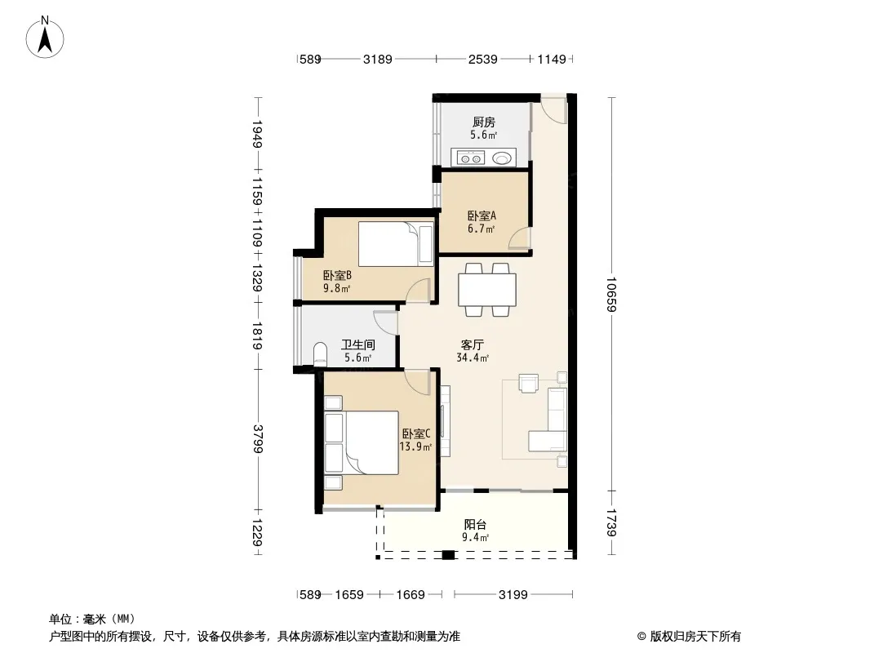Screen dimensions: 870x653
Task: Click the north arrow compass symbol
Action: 45,38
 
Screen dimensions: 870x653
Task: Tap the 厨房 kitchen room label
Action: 484,122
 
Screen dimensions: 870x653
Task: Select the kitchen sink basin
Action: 502,158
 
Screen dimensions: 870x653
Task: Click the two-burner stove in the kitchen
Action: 471,158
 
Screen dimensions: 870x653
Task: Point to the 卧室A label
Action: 482,215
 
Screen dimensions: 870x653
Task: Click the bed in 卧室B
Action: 396,244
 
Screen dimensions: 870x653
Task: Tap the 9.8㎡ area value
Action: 337,288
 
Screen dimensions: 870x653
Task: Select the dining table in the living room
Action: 487,290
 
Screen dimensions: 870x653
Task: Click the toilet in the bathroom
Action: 320,354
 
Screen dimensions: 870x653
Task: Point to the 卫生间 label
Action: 358,345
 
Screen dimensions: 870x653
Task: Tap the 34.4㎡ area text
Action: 473,358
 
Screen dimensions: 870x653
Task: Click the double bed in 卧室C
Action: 362,442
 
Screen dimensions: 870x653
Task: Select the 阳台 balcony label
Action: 476,524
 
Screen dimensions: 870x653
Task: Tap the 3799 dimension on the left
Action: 257,439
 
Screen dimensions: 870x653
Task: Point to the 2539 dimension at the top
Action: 482,59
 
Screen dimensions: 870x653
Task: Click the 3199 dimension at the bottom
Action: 513,595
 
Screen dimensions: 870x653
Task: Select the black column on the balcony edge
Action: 448,555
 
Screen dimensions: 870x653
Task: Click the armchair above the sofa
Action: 529,384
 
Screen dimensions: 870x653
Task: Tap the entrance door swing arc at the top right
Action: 553,111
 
